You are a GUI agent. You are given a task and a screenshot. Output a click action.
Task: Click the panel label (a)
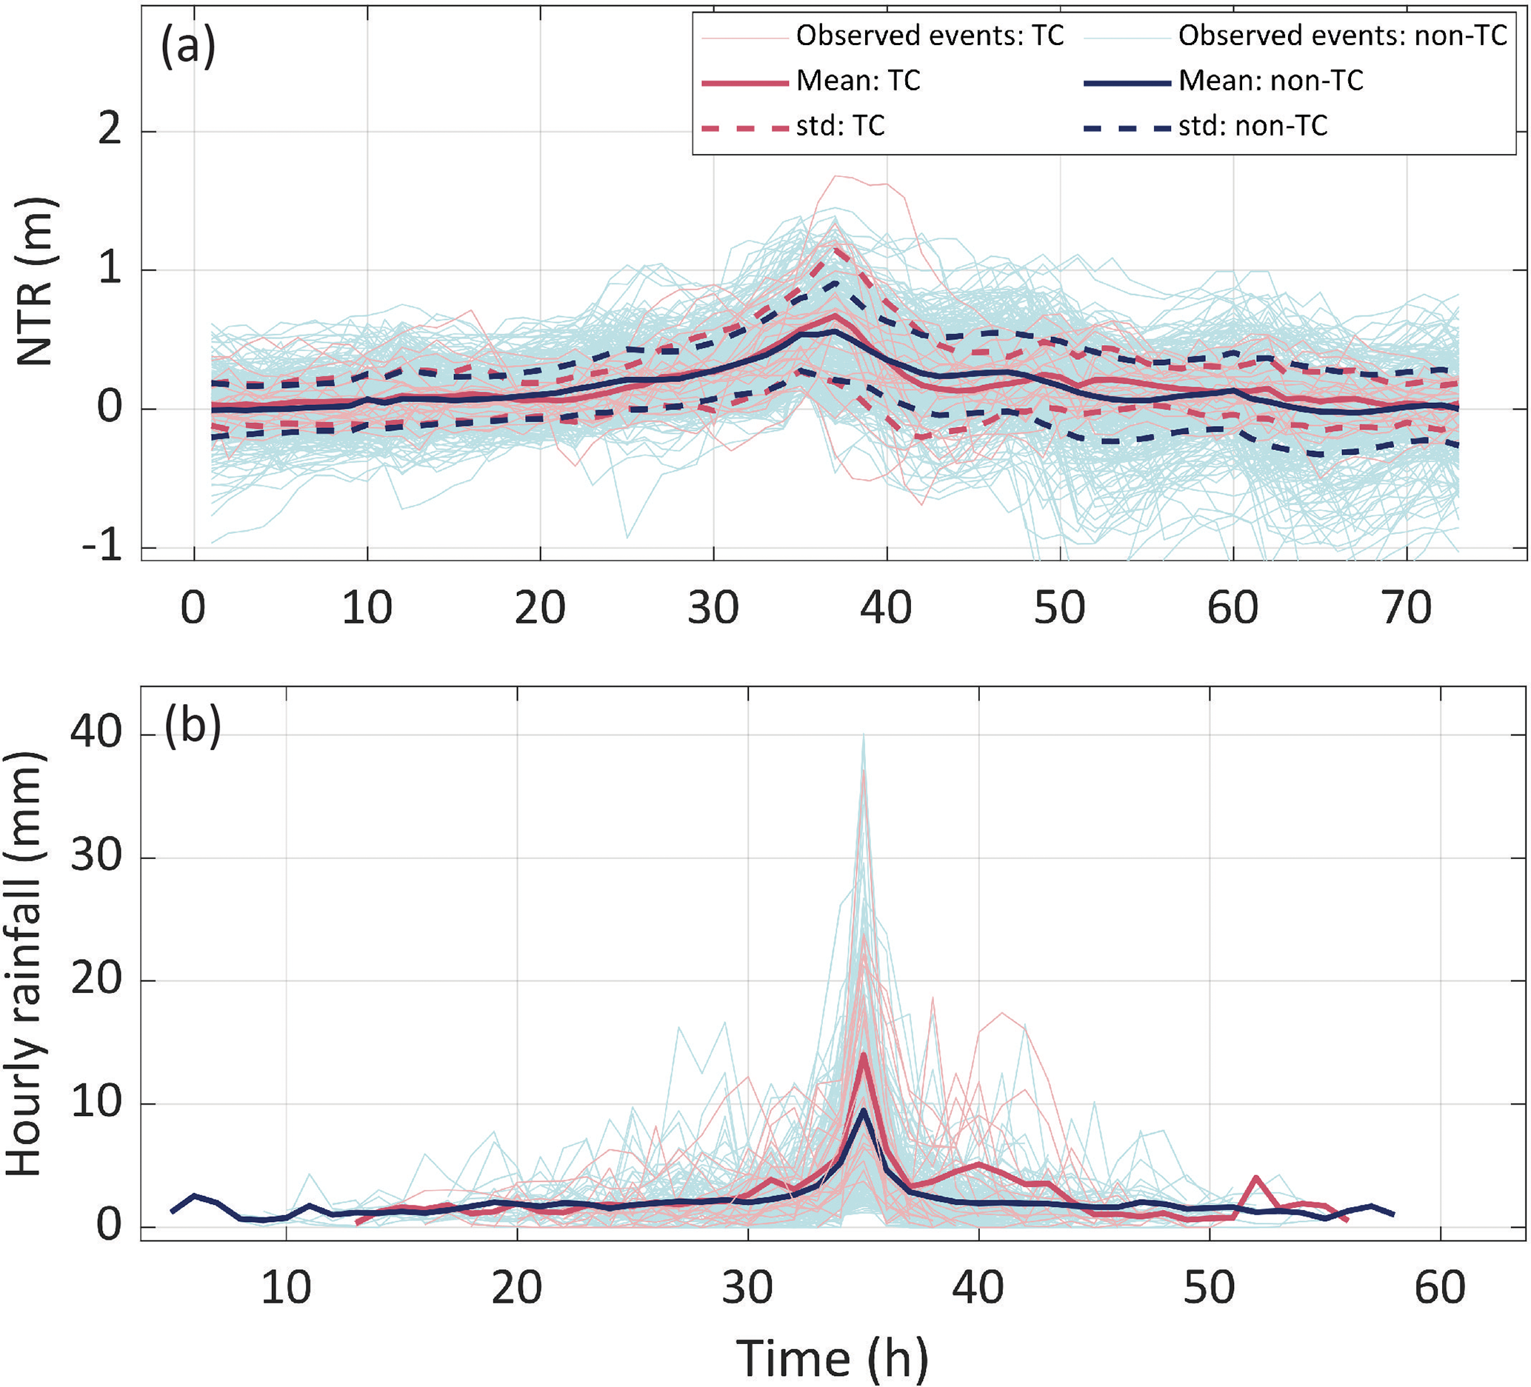tap(187, 47)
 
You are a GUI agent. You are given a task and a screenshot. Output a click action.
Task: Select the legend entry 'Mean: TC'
tap(858, 81)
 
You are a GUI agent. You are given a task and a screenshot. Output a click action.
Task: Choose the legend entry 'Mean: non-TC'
tap(1270, 81)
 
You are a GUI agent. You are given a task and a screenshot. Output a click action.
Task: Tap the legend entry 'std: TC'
tap(841, 125)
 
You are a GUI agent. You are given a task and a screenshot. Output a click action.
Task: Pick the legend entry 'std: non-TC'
tap(1253, 125)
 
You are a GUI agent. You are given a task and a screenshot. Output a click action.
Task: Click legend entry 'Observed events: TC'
tap(930, 35)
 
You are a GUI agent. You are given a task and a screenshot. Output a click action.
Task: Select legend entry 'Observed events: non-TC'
tap(1342, 35)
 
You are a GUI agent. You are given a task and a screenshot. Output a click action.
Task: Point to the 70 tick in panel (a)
tap(1407, 608)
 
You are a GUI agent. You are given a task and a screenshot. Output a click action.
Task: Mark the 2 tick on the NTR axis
tap(111, 131)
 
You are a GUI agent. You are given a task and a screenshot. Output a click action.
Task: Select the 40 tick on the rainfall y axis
tap(96, 734)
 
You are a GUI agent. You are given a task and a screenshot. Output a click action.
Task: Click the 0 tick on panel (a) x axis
tap(193, 608)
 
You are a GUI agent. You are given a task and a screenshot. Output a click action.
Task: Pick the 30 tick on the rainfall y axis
tap(96, 857)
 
